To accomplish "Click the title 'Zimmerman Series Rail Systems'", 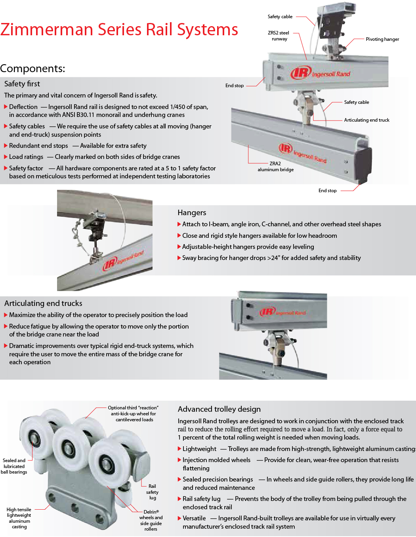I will (119, 30).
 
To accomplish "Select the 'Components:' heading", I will (32, 69).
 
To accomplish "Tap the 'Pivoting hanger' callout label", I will (382, 39).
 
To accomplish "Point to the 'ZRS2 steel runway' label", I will (279, 36).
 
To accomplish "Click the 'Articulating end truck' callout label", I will (366, 120).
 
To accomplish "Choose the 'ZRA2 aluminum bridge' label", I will (275, 166).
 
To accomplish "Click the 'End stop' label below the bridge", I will (327, 191).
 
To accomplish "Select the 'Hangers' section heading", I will (192, 212).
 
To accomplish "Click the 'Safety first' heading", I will (22, 84).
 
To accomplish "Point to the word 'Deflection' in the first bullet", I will (23, 107).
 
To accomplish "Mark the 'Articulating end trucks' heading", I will (43, 303).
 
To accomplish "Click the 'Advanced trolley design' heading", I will (219, 409).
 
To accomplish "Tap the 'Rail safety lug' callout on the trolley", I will (152, 492).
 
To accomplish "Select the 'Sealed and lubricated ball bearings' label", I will (14, 466).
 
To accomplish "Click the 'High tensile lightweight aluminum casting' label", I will (19, 518).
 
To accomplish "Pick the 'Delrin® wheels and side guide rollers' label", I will (151, 520).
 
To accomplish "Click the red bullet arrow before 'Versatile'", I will (179, 518).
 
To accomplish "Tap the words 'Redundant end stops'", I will (38, 146).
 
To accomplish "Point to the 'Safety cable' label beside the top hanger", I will (280, 17).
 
